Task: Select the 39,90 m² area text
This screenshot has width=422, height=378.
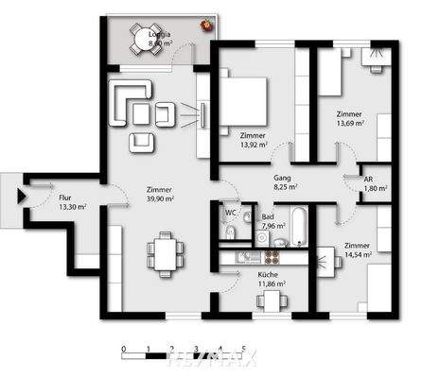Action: pyautogui.click(x=159, y=199)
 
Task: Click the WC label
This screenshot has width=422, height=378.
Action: pyautogui.click(x=230, y=213)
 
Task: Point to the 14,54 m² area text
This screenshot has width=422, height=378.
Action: pyautogui.click(x=358, y=254)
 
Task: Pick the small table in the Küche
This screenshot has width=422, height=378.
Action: pyautogui.click(x=273, y=301)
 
